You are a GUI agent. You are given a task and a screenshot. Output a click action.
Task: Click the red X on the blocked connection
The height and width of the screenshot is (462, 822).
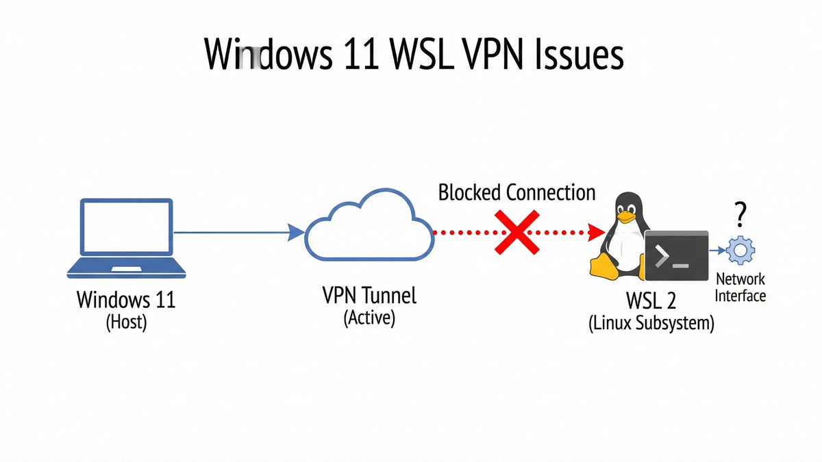517,233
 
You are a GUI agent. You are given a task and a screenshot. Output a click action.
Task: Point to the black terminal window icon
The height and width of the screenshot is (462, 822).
676,256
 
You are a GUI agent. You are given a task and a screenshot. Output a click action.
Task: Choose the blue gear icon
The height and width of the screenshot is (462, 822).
740,251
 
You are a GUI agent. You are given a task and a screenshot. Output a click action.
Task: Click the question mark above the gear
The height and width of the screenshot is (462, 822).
739,215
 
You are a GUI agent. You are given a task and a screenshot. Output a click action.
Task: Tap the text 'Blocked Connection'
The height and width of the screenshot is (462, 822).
516,192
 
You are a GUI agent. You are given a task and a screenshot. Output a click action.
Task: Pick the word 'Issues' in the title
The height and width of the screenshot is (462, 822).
583,55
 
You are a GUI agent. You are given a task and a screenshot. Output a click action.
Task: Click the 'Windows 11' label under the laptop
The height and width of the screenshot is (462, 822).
126,300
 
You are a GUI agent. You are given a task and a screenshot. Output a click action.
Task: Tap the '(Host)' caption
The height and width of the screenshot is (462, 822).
126,322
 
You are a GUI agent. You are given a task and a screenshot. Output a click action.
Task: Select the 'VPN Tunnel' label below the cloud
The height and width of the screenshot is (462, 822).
369,296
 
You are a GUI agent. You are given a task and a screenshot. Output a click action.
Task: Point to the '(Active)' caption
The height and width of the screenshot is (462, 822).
369,318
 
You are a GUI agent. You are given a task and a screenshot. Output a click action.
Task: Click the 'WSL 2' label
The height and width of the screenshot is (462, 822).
651,300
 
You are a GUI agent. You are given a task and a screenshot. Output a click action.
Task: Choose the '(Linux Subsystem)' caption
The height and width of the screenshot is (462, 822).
651,323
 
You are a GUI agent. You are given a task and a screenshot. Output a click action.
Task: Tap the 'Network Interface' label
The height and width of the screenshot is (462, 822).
740,287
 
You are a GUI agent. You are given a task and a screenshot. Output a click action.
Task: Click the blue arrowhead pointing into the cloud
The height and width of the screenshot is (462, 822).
295,233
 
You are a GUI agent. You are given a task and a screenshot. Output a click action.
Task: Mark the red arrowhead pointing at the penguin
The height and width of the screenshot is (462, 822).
590,233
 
